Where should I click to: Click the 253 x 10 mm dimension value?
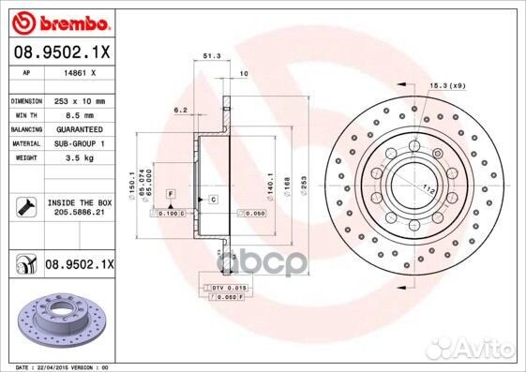pos(80,99)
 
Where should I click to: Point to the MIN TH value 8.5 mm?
pos(80,113)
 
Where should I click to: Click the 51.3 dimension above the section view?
pos(212,57)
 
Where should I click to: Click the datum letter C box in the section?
pos(214,200)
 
